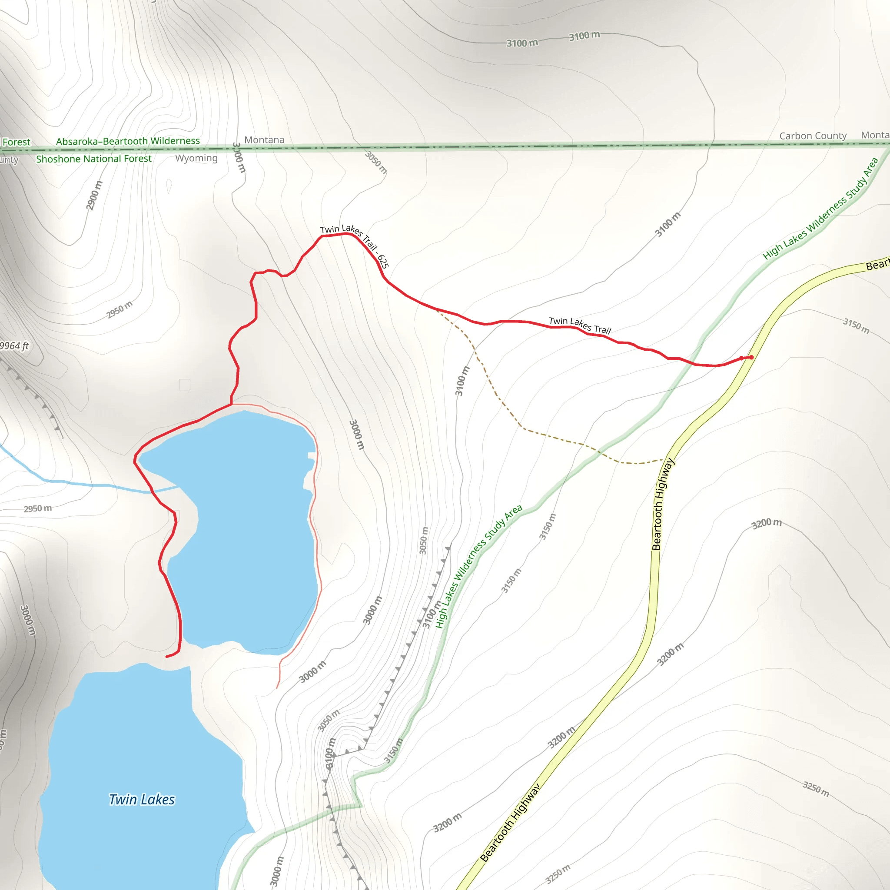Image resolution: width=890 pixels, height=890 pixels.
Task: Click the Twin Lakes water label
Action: tap(142, 799)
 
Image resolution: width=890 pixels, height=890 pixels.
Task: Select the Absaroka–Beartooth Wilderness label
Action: tap(128, 141)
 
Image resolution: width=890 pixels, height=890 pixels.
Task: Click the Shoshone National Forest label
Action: tap(93, 159)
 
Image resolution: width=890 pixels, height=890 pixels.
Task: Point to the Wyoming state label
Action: tap(196, 158)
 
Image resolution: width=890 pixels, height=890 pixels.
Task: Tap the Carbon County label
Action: tap(813, 136)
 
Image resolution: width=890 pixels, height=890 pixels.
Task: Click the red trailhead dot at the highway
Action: tap(751, 357)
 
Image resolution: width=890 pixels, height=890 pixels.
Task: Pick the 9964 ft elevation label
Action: tap(14, 346)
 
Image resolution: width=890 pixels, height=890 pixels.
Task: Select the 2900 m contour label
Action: tap(94, 195)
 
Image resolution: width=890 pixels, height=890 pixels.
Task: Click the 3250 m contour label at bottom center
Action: tap(558, 874)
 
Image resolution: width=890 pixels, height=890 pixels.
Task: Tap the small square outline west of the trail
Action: tap(184, 385)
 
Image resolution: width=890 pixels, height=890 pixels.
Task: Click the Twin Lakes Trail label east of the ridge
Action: tap(580, 325)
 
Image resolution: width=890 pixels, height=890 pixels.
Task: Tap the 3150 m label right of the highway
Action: tap(856, 325)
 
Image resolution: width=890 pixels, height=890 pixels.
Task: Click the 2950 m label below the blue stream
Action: tap(38, 508)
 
